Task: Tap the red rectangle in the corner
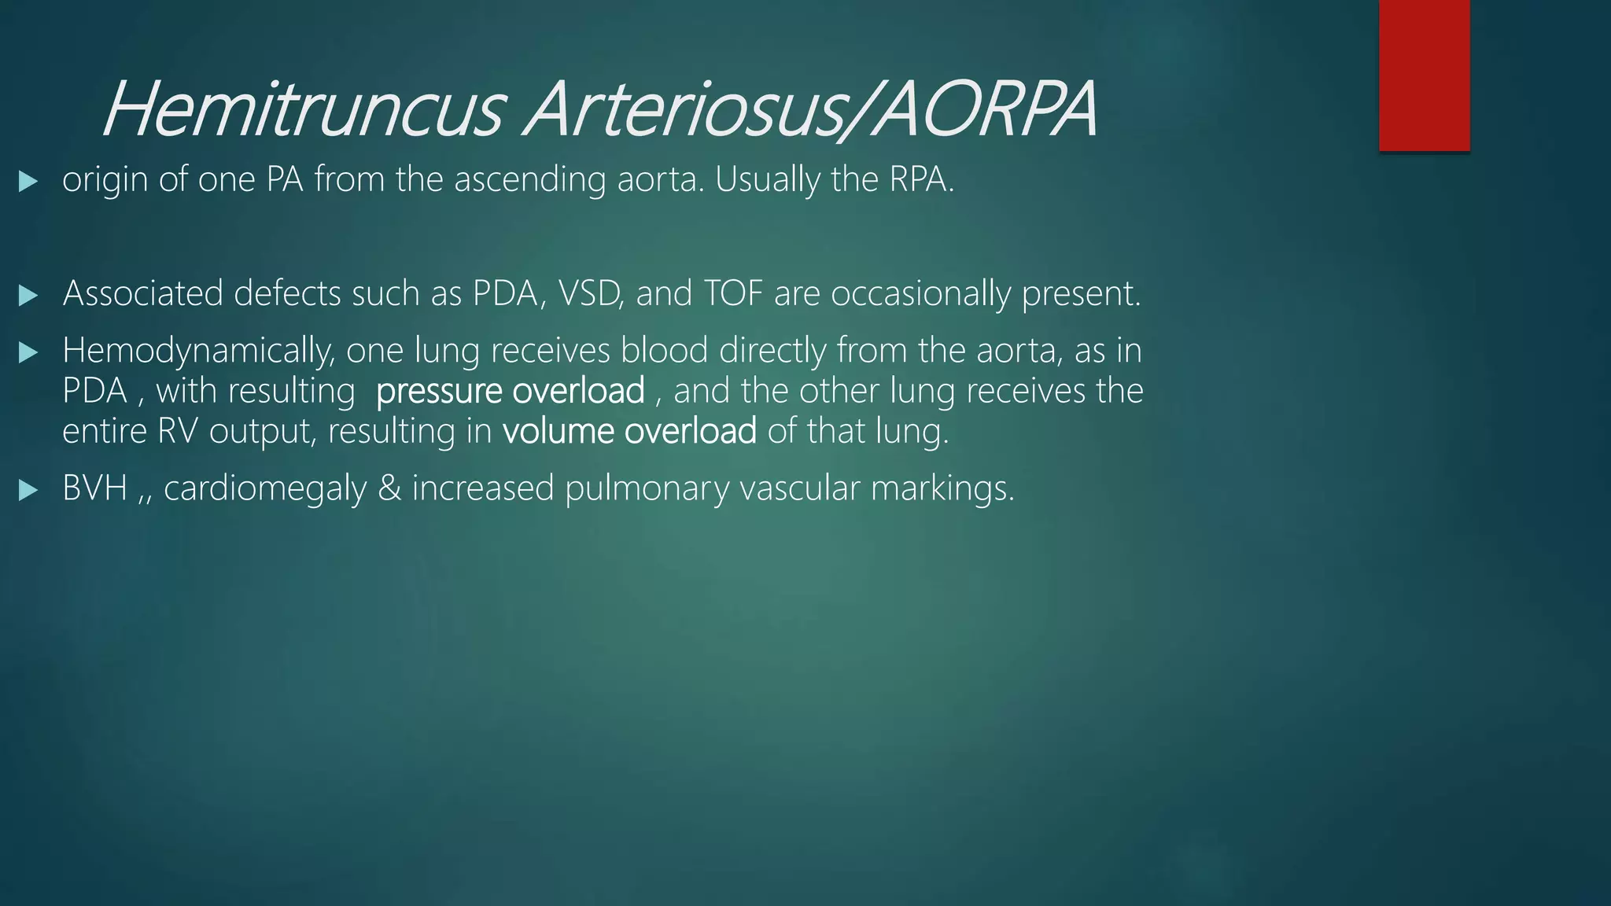[x=1424, y=75]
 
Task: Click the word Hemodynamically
[x=198, y=352]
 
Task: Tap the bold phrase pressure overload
[x=511, y=391]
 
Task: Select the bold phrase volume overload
[x=629, y=431]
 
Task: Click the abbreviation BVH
[x=94, y=488]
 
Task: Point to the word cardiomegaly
[x=265, y=489]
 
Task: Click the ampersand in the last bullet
[x=389, y=488]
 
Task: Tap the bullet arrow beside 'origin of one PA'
[x=28, y=182]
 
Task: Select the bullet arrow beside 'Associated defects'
[x=28, y=296]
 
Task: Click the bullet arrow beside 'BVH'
[x=28, y=491]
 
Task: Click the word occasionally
[x=920, y=294]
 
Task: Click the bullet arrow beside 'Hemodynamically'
[x=28, y=352]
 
